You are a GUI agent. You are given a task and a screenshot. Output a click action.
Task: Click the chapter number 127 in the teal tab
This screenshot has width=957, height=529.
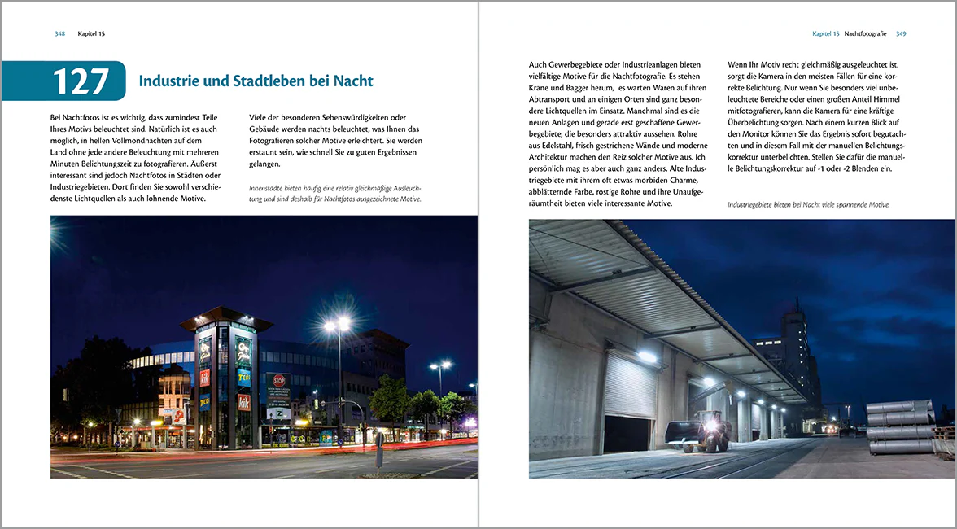pos(81,81)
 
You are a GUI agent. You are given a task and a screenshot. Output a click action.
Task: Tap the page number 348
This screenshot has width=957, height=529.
pos(59,33)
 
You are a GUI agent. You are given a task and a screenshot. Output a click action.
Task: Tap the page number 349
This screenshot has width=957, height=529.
pos(901,33)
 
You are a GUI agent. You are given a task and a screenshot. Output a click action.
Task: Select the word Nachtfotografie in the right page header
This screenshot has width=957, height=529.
pos(867,33)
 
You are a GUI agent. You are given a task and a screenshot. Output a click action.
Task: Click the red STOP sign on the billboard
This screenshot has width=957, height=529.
pos(278,379)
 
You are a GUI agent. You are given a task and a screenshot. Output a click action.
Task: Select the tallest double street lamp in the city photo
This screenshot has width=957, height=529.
pos(338,326)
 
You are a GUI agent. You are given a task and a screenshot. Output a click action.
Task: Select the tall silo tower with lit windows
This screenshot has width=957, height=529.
pos(794,342)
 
